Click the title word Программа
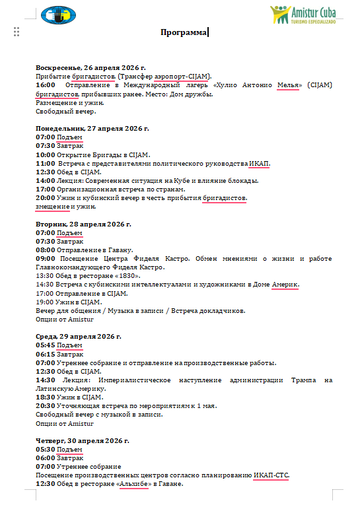(x=179, y=32)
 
